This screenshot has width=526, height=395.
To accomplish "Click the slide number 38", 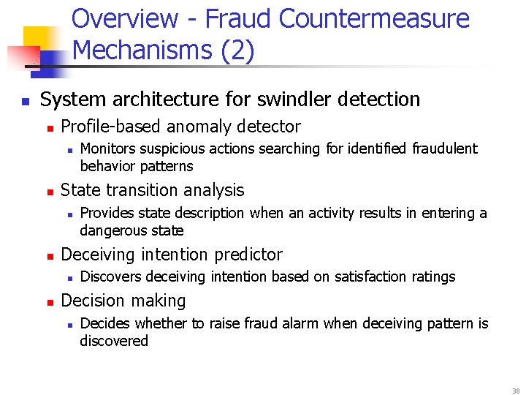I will click(516, 391).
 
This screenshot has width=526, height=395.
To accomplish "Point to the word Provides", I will click(103, 213).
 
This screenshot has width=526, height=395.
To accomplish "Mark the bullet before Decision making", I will click(50, 301).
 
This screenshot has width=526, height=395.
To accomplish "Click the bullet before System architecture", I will click(26, 100).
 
